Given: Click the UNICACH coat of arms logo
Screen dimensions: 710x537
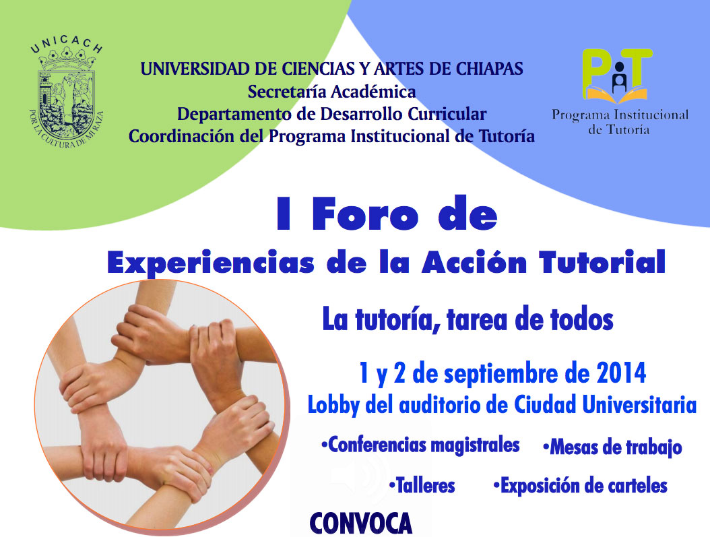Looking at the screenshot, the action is (67, 94).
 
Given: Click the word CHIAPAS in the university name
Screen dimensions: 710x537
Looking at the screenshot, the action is (490, 69).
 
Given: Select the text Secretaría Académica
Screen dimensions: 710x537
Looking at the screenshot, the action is (331, 92).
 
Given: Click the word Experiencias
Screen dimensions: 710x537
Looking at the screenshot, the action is (211, 263).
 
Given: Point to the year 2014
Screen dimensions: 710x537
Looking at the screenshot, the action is (621, 373).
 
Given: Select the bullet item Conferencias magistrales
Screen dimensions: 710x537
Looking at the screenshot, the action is (420, 445).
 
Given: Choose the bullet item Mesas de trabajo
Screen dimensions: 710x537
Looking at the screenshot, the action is (612, 447).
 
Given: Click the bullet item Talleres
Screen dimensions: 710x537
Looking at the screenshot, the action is (422, 485).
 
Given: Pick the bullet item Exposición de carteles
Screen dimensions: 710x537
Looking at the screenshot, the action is (581, 486).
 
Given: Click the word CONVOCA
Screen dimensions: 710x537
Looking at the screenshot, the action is (361, 523).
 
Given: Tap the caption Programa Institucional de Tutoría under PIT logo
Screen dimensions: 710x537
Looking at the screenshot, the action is (620, 122).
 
